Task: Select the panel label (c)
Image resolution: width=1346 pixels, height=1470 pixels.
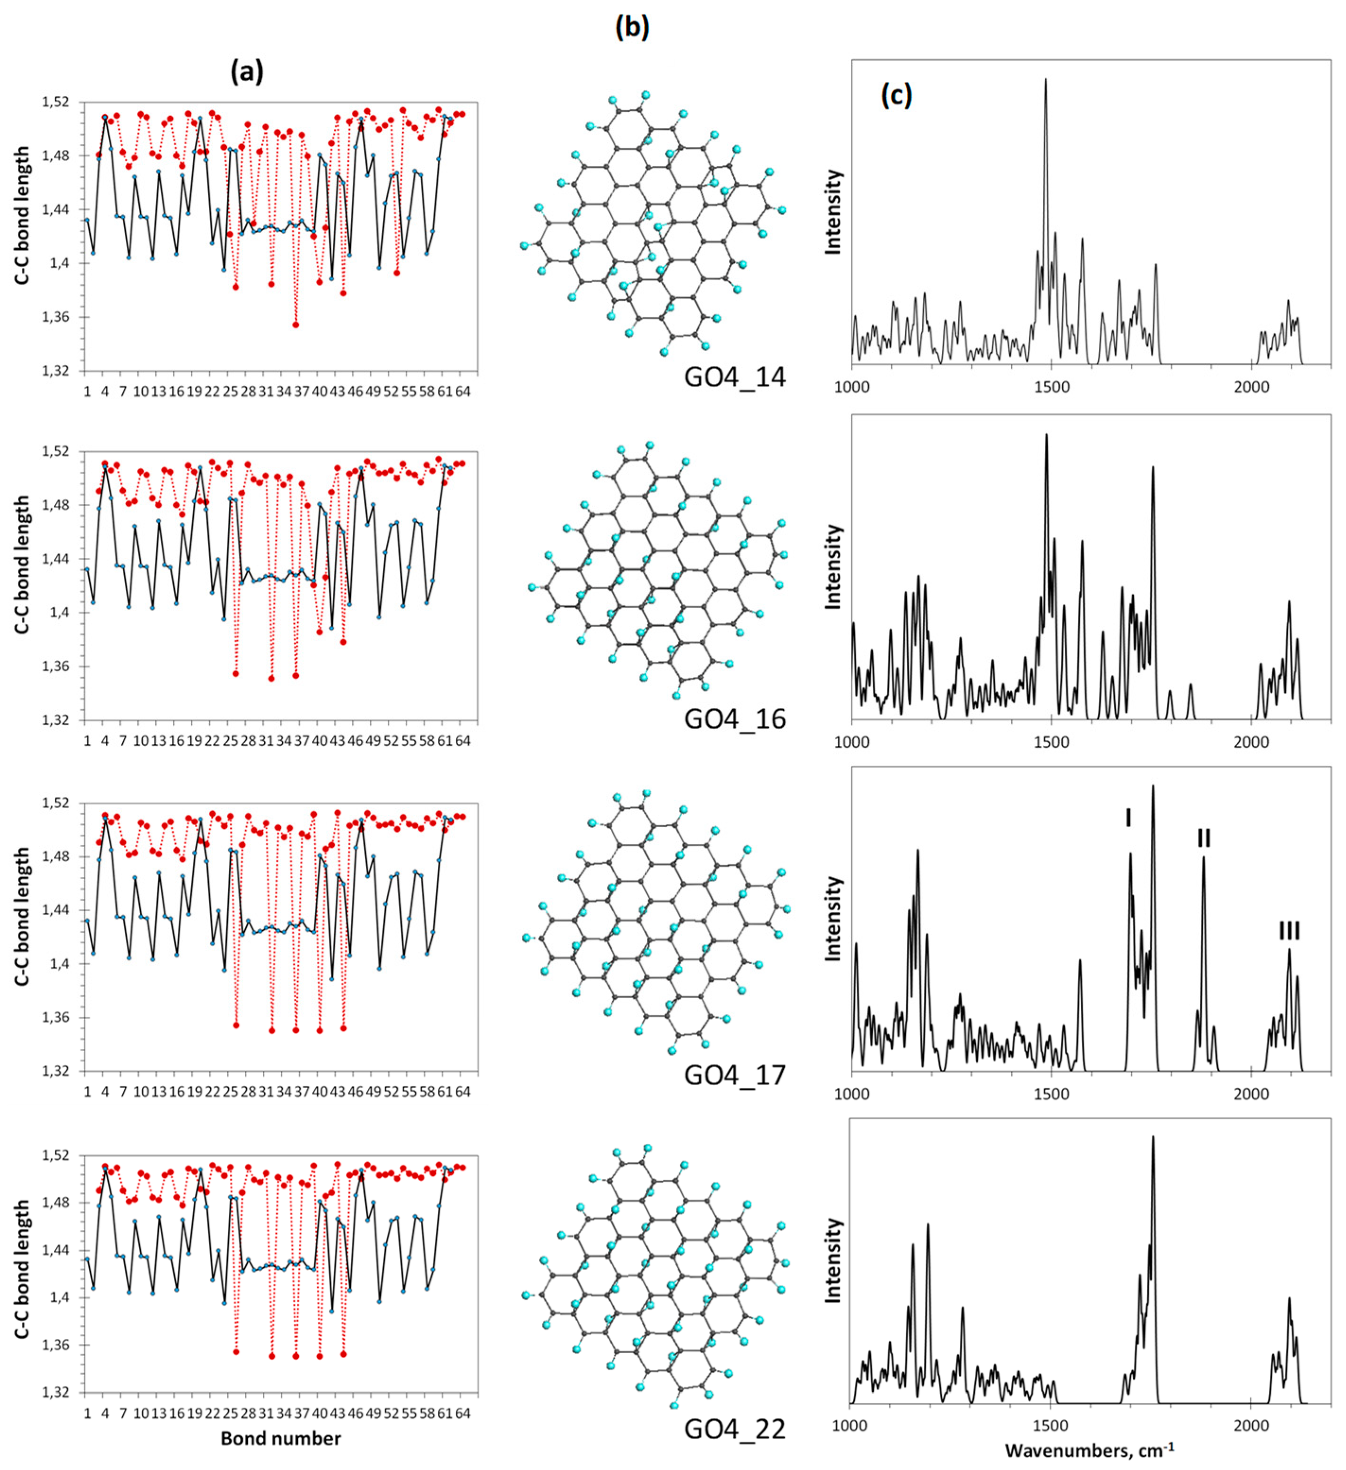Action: tap(896, 95)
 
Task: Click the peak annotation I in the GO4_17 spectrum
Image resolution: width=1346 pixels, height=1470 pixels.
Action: tap(1128, 817)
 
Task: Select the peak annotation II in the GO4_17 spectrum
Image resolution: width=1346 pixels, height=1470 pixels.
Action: tap(1204, 838)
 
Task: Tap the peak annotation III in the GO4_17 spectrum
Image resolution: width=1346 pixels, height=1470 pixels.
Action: tap(1289, 930)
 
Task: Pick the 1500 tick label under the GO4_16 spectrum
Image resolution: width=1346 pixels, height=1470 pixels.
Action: tap(1051, 742)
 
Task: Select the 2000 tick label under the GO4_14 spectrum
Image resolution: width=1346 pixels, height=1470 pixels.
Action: tap(1251, 387)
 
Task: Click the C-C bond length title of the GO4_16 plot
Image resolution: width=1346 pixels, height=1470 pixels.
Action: tap(23, 565)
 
